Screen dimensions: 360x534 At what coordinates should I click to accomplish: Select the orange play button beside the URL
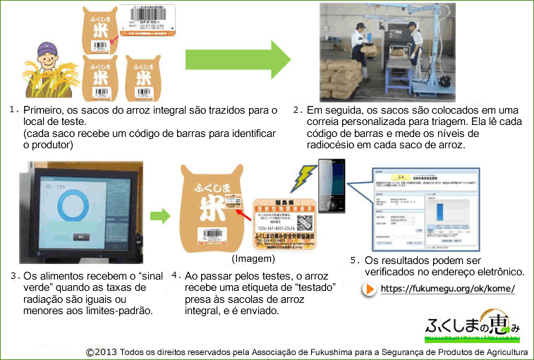pyautogui.click(x=369, y=289)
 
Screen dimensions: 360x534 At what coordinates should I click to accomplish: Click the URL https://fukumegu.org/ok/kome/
pyautogui.click(x=447, y=289)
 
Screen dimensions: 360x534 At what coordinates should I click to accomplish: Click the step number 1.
pyautogui.click(x=13, y=110)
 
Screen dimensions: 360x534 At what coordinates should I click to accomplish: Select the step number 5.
pyautogui.click(x=354, y=260)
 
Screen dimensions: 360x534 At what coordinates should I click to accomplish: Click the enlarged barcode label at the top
pyautogui.click(x=148, y=20)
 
